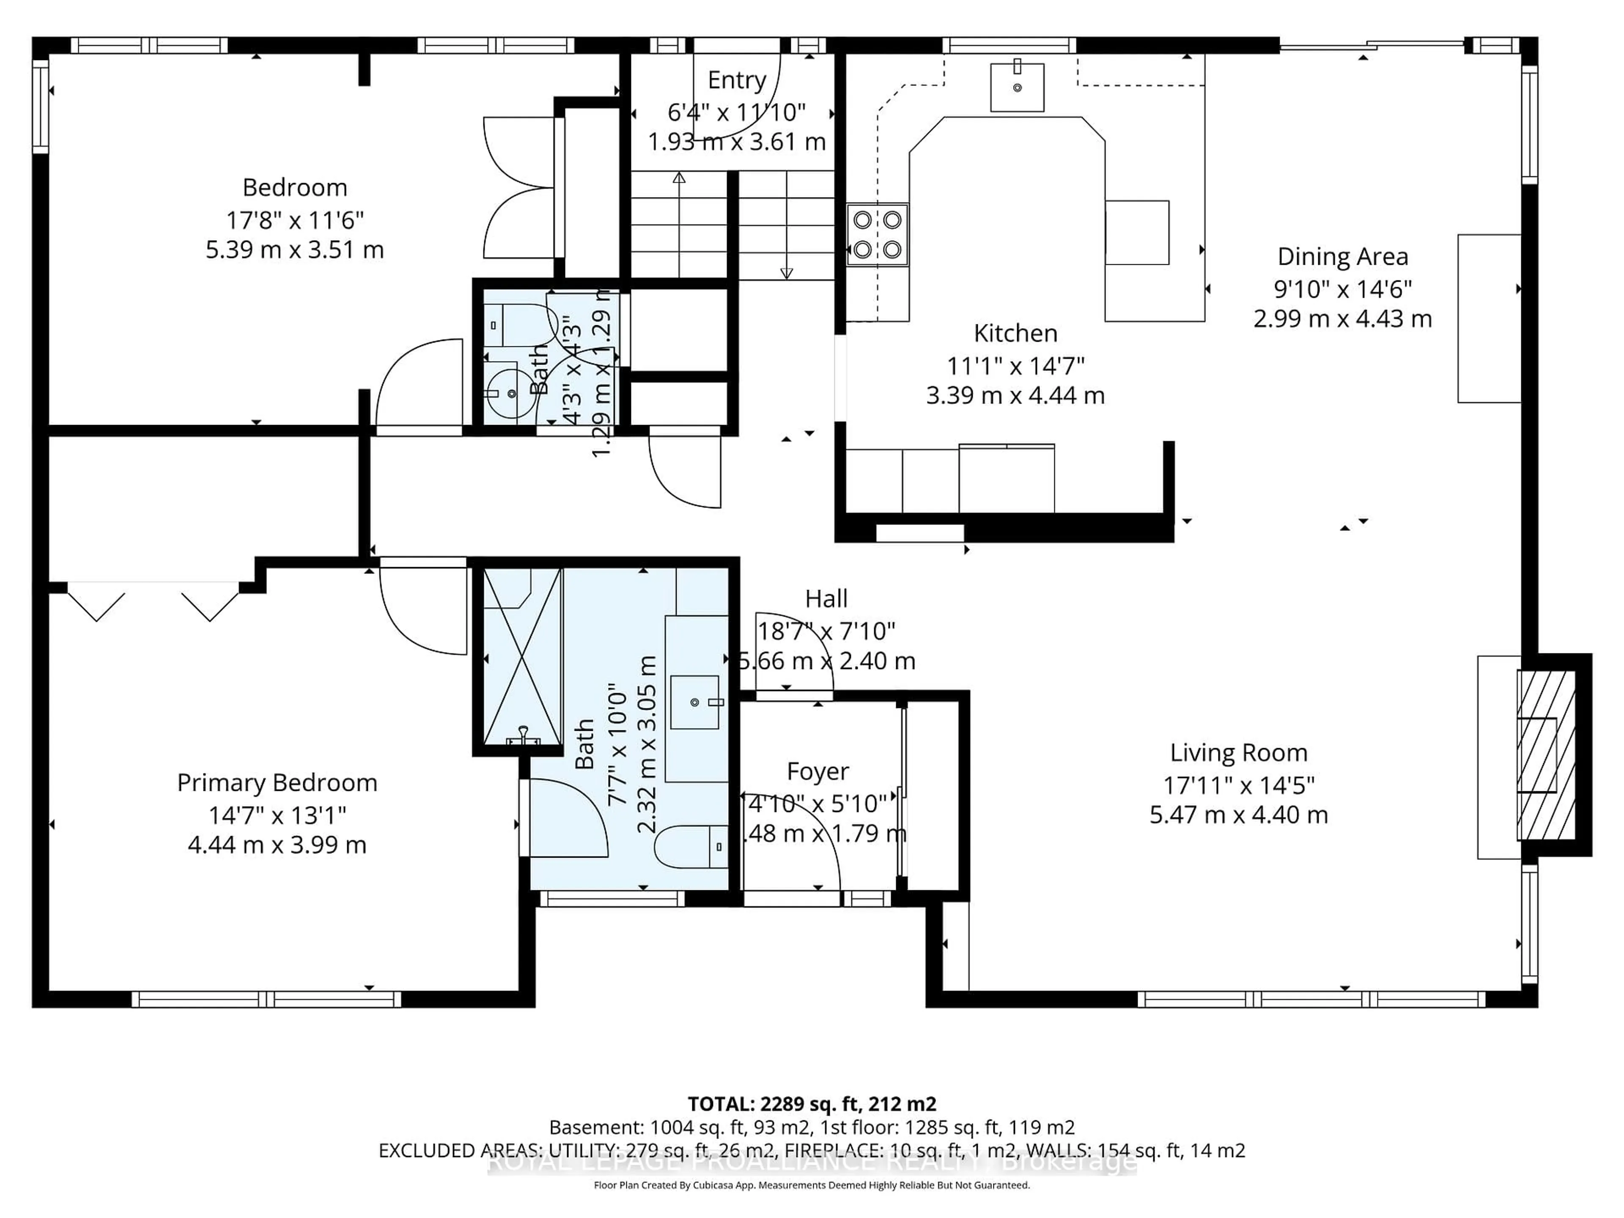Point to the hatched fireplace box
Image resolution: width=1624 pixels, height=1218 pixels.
coord(1546,755)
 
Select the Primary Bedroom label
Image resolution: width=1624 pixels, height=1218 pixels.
coord(277,783)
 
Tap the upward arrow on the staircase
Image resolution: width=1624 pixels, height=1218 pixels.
coord(679,178)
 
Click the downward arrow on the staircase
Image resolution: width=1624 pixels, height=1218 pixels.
coord(786,273)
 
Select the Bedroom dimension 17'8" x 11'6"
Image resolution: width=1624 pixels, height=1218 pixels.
coord(294,219)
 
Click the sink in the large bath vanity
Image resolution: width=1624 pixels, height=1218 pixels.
coord(694,702)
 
